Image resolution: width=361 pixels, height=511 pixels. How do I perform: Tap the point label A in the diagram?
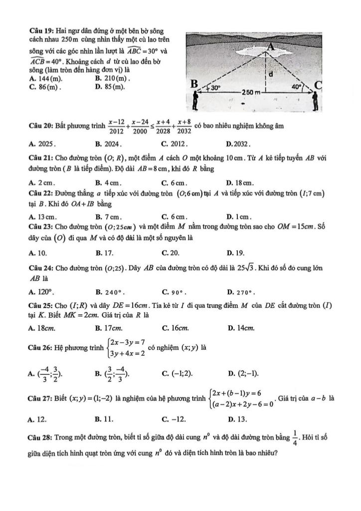point(271,46)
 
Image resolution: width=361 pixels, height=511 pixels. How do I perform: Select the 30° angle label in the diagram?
point(215,86)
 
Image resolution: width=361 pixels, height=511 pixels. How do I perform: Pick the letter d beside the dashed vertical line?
point(270,73)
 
